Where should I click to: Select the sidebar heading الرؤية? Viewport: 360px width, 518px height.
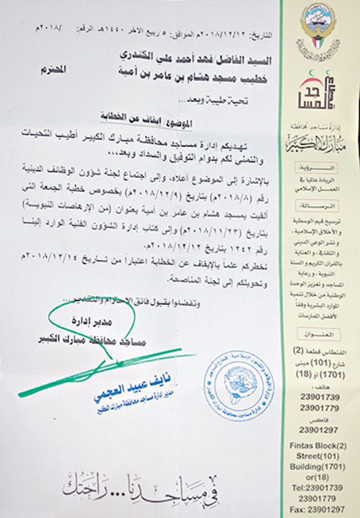321,167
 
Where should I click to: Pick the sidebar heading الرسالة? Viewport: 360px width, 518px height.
321,205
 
